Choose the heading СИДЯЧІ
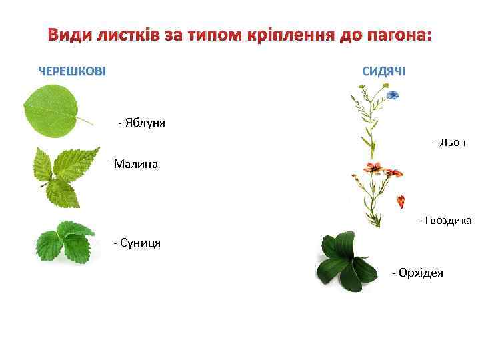coord(383,71)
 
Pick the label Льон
coord(451,143)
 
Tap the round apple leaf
coord(50,111)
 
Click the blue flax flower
coord(393,96)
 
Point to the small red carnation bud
coord(401,201)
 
